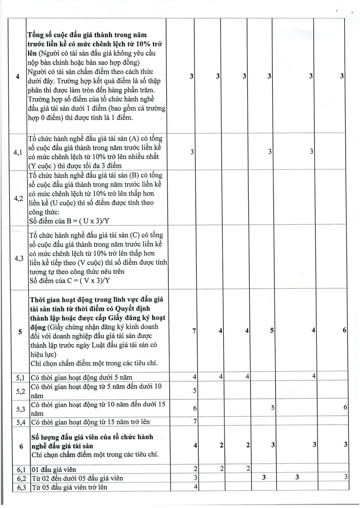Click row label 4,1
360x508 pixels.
(18, 152)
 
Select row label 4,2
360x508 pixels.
(19, 199)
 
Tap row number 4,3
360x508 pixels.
(19, 258)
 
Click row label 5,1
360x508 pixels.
(21, 378)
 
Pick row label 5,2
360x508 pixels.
(21, 391)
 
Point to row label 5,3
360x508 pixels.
(21, 409)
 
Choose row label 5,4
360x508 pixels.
(21, 422)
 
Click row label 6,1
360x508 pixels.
(21, 469)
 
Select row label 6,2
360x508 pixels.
(21, 478)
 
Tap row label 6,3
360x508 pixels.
(21, 487)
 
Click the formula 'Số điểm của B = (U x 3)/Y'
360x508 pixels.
(69, 221)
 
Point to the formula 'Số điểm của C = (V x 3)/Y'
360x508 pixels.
(70, 281)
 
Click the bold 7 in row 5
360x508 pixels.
(194, 330)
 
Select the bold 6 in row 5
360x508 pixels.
(344, 330)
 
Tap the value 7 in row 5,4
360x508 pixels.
(195, 421)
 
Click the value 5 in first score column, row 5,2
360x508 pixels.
(195, 390)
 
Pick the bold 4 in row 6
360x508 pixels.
(195, 445)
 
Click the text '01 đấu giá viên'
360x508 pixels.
(54, 469)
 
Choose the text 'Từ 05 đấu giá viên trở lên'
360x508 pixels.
(69, 487)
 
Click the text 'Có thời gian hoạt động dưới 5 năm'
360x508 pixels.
(81, 377)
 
